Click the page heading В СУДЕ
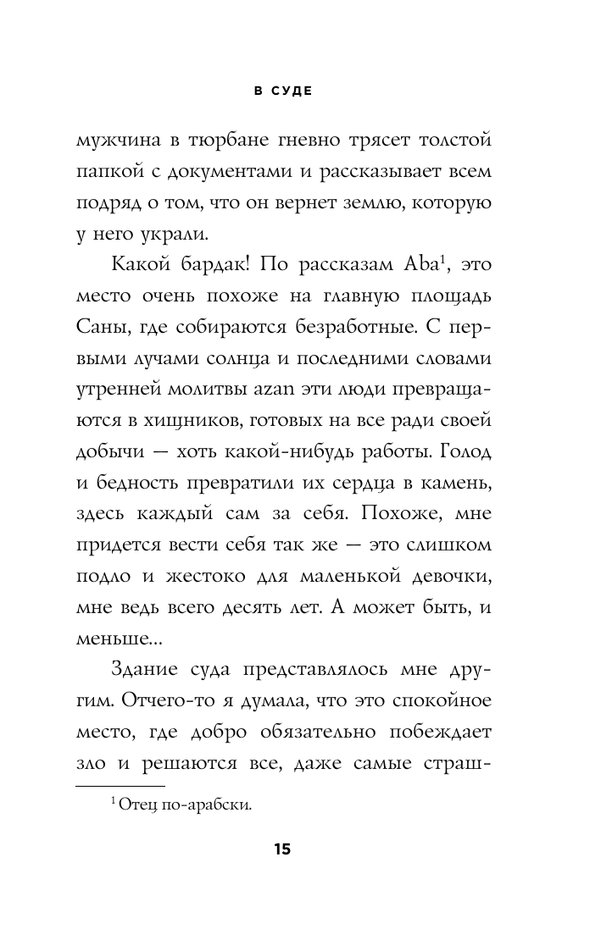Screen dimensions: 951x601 coord(283,91)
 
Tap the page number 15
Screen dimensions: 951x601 coord(282,849)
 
